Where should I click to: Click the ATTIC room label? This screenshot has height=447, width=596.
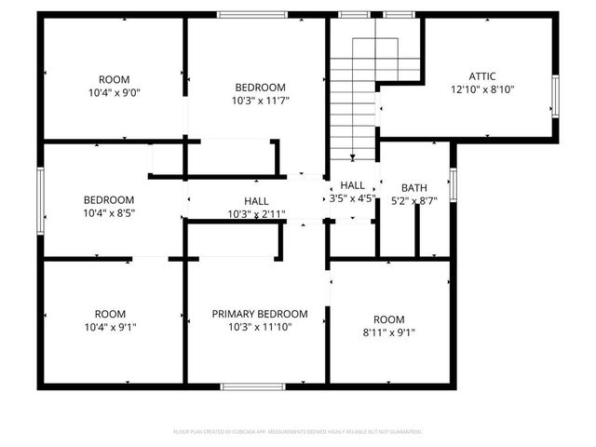(481, 75)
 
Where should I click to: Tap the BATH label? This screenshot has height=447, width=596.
(414, 186)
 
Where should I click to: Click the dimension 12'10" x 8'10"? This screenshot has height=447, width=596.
(481, 89)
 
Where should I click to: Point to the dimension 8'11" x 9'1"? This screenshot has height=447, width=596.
(388, 332)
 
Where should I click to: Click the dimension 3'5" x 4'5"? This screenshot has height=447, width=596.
(352, 198)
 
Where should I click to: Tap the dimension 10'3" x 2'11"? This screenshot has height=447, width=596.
(256, 214)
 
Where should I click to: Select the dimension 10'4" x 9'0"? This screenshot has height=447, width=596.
(115, 93)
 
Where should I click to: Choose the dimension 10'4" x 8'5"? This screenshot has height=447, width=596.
(109, 213)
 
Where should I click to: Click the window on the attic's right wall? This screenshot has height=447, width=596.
(554, 99)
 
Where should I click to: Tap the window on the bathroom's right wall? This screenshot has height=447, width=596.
(453, 183)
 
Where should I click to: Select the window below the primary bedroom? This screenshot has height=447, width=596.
(246, 386)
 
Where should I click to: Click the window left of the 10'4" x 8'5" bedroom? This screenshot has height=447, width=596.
(40, 200)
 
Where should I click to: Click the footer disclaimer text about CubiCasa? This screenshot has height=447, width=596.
(298, 431)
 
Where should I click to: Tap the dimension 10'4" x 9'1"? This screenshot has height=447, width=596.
(109, 328)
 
